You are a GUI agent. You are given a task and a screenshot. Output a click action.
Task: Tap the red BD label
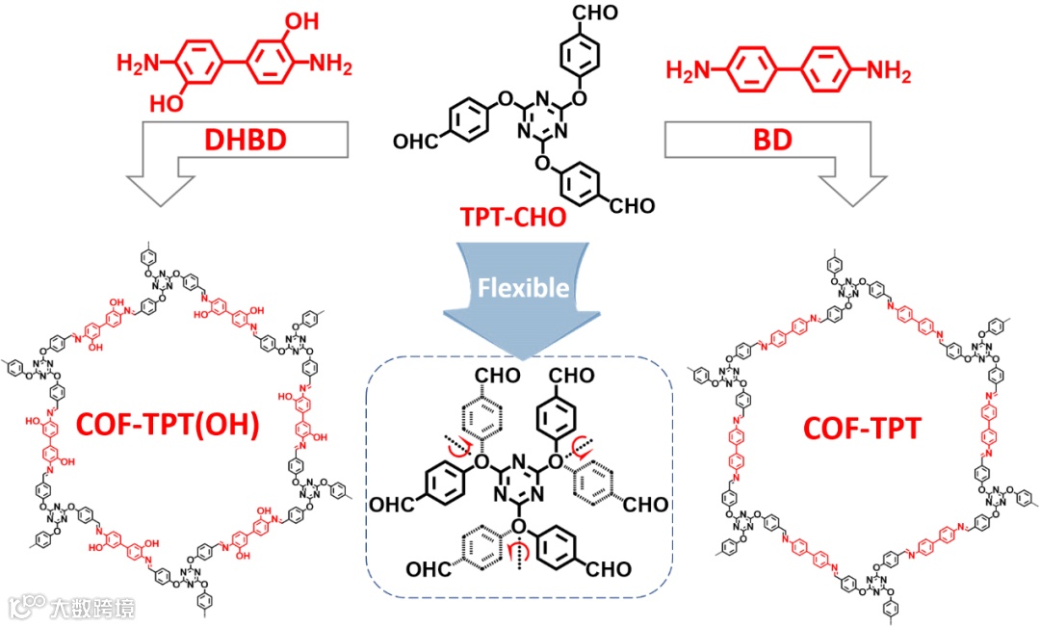tap(771, 141)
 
